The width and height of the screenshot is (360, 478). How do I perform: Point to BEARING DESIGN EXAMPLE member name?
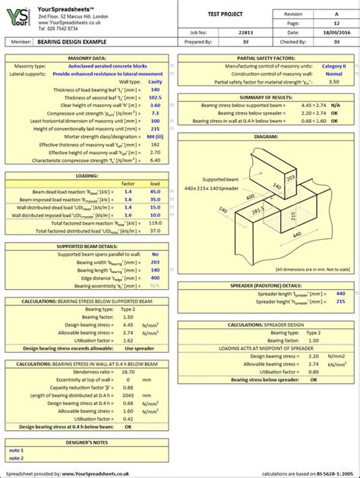73,43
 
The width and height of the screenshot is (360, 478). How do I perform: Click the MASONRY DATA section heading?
87,58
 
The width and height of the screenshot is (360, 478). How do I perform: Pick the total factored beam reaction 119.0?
154,224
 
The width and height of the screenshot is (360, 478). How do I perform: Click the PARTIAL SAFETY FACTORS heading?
266,58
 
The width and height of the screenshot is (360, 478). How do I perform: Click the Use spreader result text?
139,348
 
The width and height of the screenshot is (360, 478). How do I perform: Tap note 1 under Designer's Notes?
17,450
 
